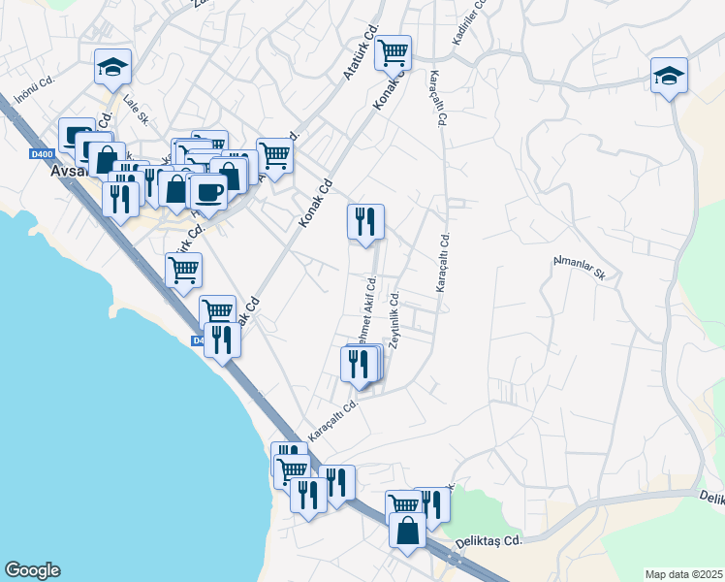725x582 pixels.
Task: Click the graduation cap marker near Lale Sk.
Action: click(x=112, y=67)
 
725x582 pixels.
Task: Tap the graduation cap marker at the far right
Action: click(x=669, y=76)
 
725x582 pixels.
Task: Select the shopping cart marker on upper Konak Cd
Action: click(x=393, y=52)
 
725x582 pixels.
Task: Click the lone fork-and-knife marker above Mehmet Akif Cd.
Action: click(x=365, y=222)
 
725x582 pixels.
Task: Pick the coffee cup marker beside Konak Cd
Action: click(x=208, y=192)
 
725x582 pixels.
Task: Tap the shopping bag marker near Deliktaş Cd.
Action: click(x=407, y=531)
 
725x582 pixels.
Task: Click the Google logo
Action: click(x=32, y=570)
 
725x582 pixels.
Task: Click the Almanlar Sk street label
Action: click(x=578, y=268)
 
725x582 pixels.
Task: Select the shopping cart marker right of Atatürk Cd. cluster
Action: click(x=275, y=155)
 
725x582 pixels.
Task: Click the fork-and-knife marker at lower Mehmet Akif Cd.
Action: click(x=359, y=365)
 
